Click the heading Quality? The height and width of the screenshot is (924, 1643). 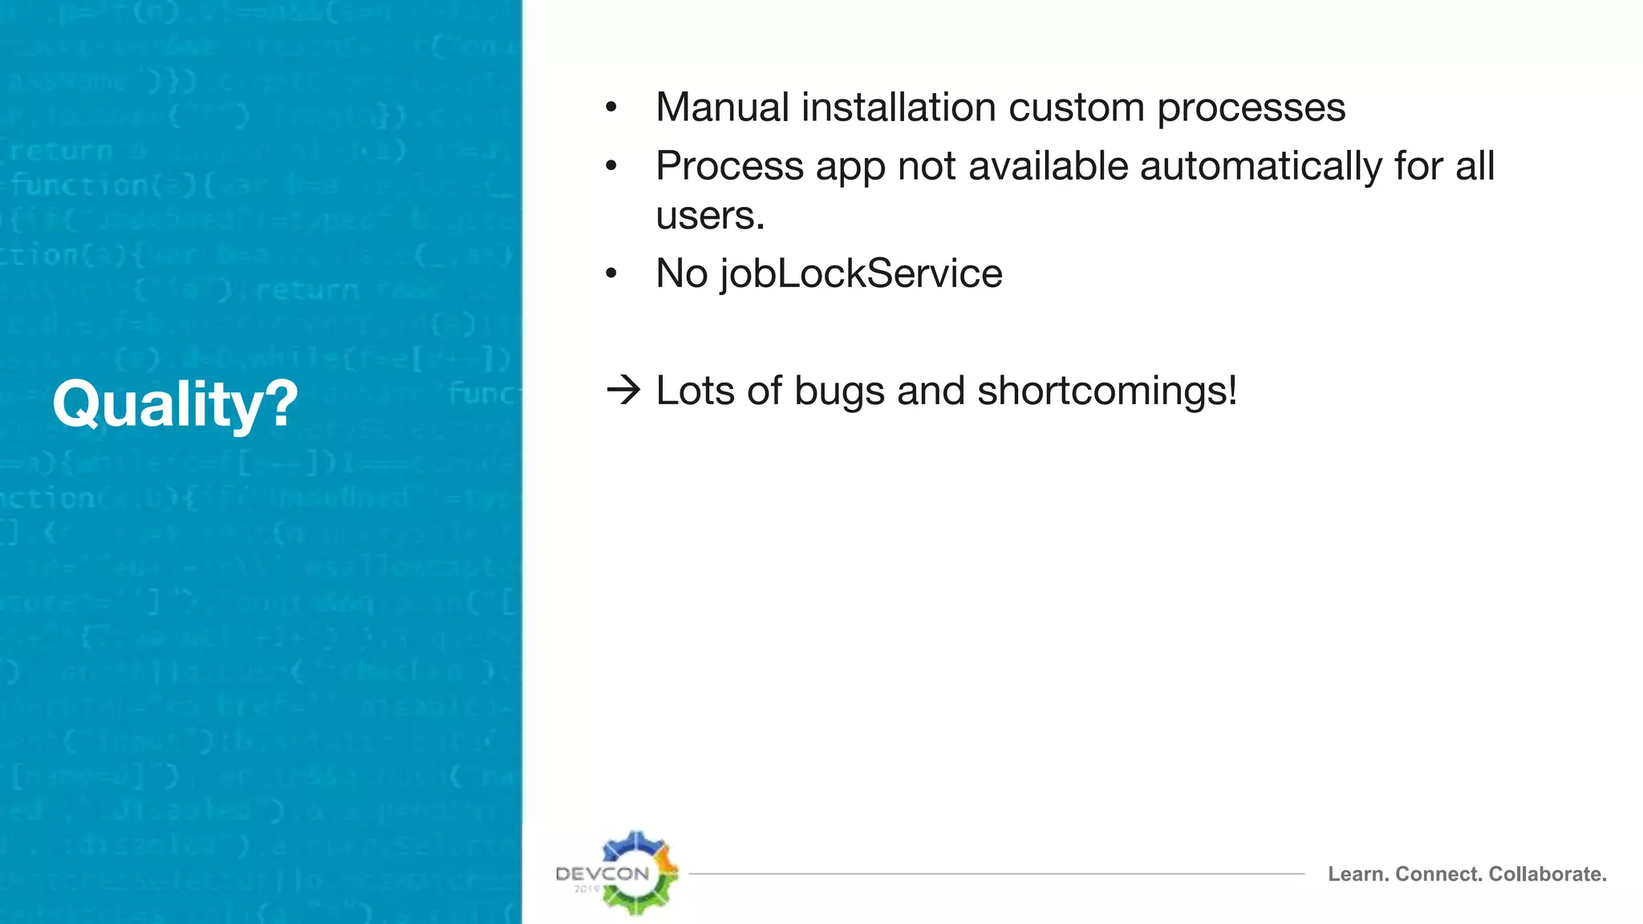[175, 403]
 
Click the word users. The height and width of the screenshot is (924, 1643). [709, 216]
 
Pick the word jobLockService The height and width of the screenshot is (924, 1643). [861, 274]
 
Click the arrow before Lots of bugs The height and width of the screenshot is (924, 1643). [623, 391]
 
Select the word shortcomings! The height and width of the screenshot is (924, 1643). [1107, 391]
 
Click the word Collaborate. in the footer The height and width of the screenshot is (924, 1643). [1548, 873]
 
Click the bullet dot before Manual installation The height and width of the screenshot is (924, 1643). [611, 108]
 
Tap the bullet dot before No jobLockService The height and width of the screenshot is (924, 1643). [611, 274]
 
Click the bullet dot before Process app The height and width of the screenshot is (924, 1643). [611, 167]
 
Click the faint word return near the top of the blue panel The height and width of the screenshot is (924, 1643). [61, 151]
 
